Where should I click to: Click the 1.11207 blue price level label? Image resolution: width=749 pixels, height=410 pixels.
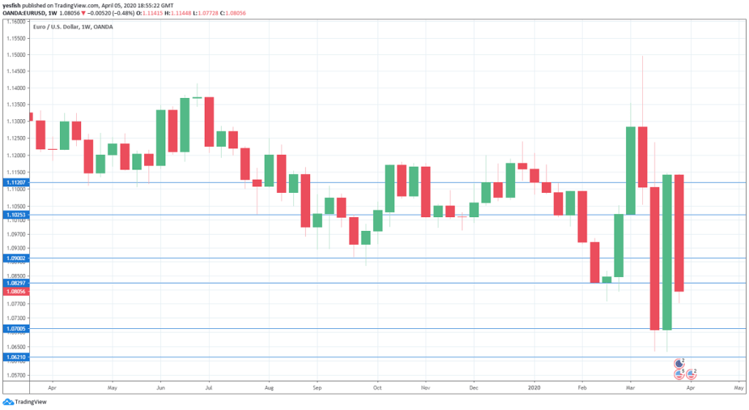click(15, 182)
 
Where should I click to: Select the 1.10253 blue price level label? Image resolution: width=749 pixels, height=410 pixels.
click(15, 215)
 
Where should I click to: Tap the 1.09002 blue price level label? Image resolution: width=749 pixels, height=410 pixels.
click(15, 258)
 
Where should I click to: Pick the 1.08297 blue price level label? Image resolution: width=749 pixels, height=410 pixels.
click(15, 283)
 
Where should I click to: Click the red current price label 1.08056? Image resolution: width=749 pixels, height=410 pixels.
click(15, 291)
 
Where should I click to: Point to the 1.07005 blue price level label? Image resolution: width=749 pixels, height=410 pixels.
click(15, 329)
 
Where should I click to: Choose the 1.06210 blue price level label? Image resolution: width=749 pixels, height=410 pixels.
click(15, 357)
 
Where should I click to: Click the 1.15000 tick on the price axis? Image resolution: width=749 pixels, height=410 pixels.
click(15, 55)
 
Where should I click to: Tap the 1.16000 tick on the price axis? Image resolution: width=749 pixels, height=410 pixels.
click(15, 21)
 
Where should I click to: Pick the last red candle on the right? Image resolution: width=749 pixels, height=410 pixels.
click(679, 233)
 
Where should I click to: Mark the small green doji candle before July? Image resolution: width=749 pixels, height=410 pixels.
click(197, 97)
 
